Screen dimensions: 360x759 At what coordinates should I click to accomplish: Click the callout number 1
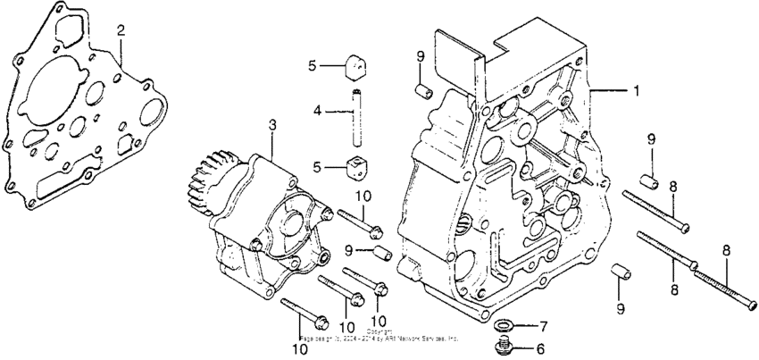(x=636, y=90)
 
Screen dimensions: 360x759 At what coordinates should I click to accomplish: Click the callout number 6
(x=538, y=349)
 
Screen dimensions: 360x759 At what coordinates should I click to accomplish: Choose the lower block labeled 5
(x=357, y=166)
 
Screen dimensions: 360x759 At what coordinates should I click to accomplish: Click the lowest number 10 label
(x=301, y=348)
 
